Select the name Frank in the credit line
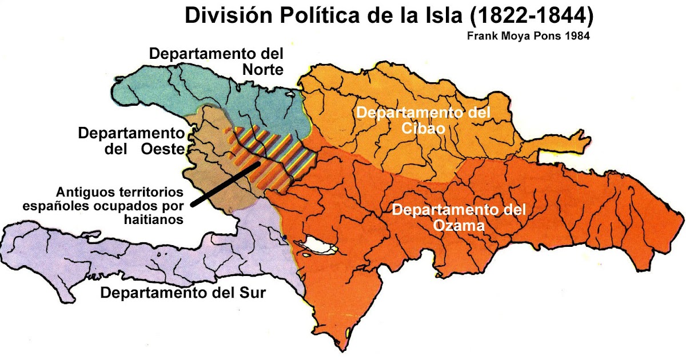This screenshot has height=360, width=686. pyautogui.click(x=481, y=36)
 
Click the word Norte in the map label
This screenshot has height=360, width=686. pyautogui.click(x=262, y=70)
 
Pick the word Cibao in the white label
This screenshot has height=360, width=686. pyautogui.click(x=424, y=128)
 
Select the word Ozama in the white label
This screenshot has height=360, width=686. pyautogui.click(x=458, y=225)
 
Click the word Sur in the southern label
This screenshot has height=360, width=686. pyautogui.click(x=253, y=293)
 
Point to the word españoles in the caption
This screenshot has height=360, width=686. pyautogui.click(x=50, y=205)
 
